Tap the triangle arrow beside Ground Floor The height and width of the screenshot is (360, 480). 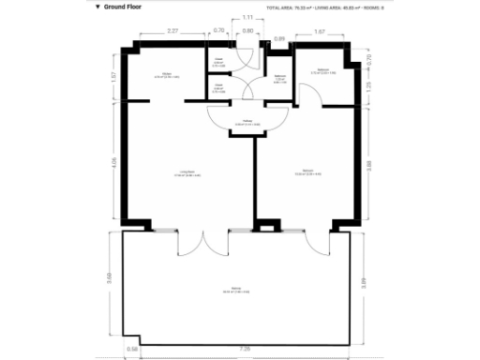(x=97, y=7)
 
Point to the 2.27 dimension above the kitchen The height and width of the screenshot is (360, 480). (x=172, y=32)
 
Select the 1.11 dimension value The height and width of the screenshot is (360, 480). (x=247, y=18)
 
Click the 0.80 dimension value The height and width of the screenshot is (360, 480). (x=247, y=32)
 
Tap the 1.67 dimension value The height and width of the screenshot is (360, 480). (x=320, y=32)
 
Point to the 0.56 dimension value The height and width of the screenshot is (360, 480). (x=133, y=350)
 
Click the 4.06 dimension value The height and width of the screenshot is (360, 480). (x=113, y=160)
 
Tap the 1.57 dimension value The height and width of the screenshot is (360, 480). (x=113, y=76)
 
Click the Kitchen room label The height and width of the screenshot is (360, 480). (x=166, y=73)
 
